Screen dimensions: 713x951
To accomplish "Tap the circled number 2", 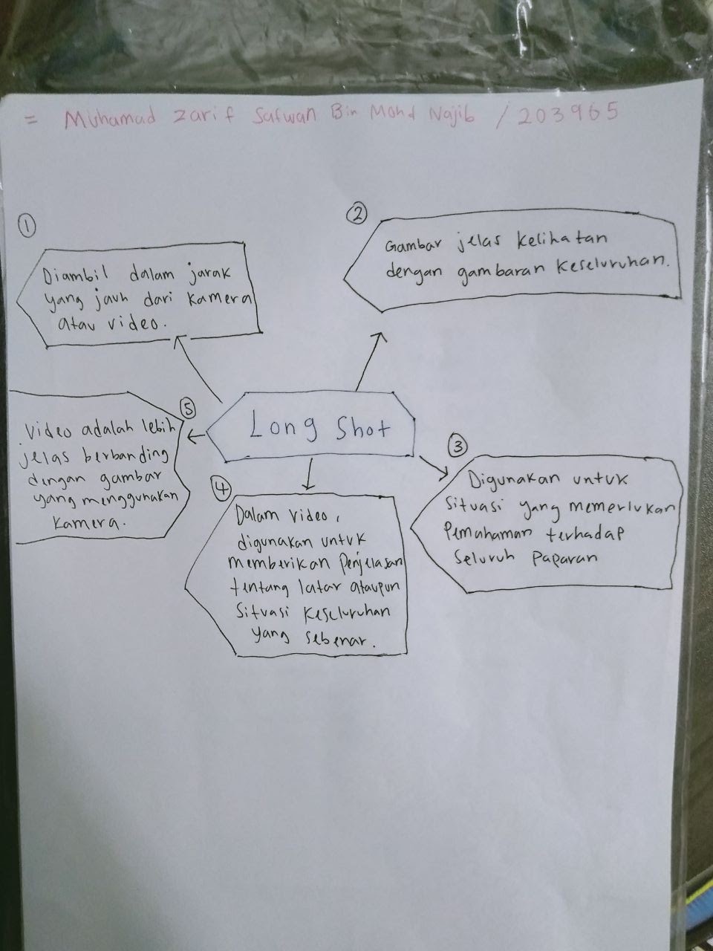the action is click(357, 214).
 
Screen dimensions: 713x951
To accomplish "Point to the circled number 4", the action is click(221, 487).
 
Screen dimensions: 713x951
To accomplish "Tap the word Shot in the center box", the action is click(363, 428).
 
